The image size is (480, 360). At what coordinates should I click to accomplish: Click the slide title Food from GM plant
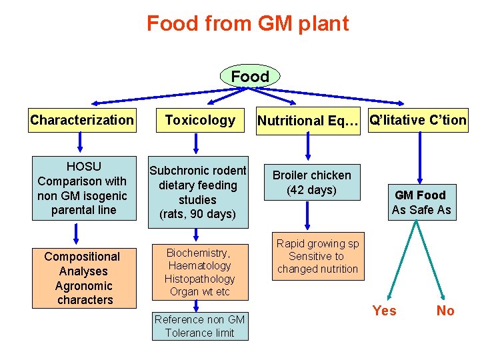[247, 24]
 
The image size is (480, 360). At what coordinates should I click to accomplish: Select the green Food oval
[250, 77]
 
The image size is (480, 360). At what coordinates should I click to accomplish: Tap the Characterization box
[81, 121]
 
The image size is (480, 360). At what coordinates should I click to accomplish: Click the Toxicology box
[200, 121]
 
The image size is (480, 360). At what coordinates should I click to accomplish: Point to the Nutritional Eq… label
[308, 121]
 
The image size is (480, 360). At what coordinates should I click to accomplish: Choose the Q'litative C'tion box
[418, 120]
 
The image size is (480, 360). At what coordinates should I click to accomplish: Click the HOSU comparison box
[82, 189]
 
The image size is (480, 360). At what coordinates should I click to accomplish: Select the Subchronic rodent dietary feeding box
[198, 192]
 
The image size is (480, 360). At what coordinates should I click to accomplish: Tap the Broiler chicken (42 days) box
[312, 182]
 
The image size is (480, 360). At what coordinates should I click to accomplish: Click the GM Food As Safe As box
[421, 203]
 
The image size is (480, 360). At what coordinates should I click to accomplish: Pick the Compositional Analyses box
[82, 278]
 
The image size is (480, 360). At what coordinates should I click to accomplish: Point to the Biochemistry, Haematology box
[198, 272]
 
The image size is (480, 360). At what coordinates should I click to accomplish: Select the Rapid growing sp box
[317, 257]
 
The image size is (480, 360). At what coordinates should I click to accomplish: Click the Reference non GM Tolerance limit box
[199, 326]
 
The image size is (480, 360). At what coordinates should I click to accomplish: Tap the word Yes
[384, 311]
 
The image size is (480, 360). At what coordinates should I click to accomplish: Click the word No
[445, 311]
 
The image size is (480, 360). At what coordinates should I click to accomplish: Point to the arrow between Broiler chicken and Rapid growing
[308, 217]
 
